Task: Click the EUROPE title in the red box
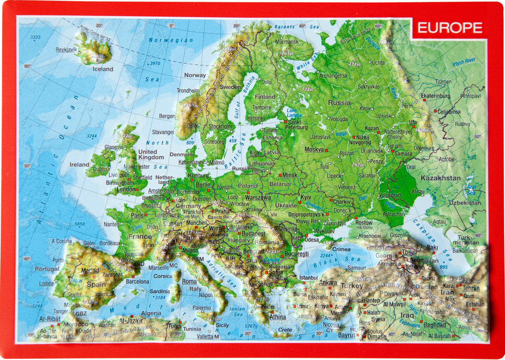449,28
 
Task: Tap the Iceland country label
103,69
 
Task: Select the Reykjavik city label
66,49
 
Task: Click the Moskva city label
314,150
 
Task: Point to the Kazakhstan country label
440,178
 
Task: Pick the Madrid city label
90,270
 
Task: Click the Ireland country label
79,165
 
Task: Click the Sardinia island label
160,291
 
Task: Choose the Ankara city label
328,283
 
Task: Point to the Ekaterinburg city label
435,96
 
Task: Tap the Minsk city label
290,175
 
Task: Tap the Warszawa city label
258,197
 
